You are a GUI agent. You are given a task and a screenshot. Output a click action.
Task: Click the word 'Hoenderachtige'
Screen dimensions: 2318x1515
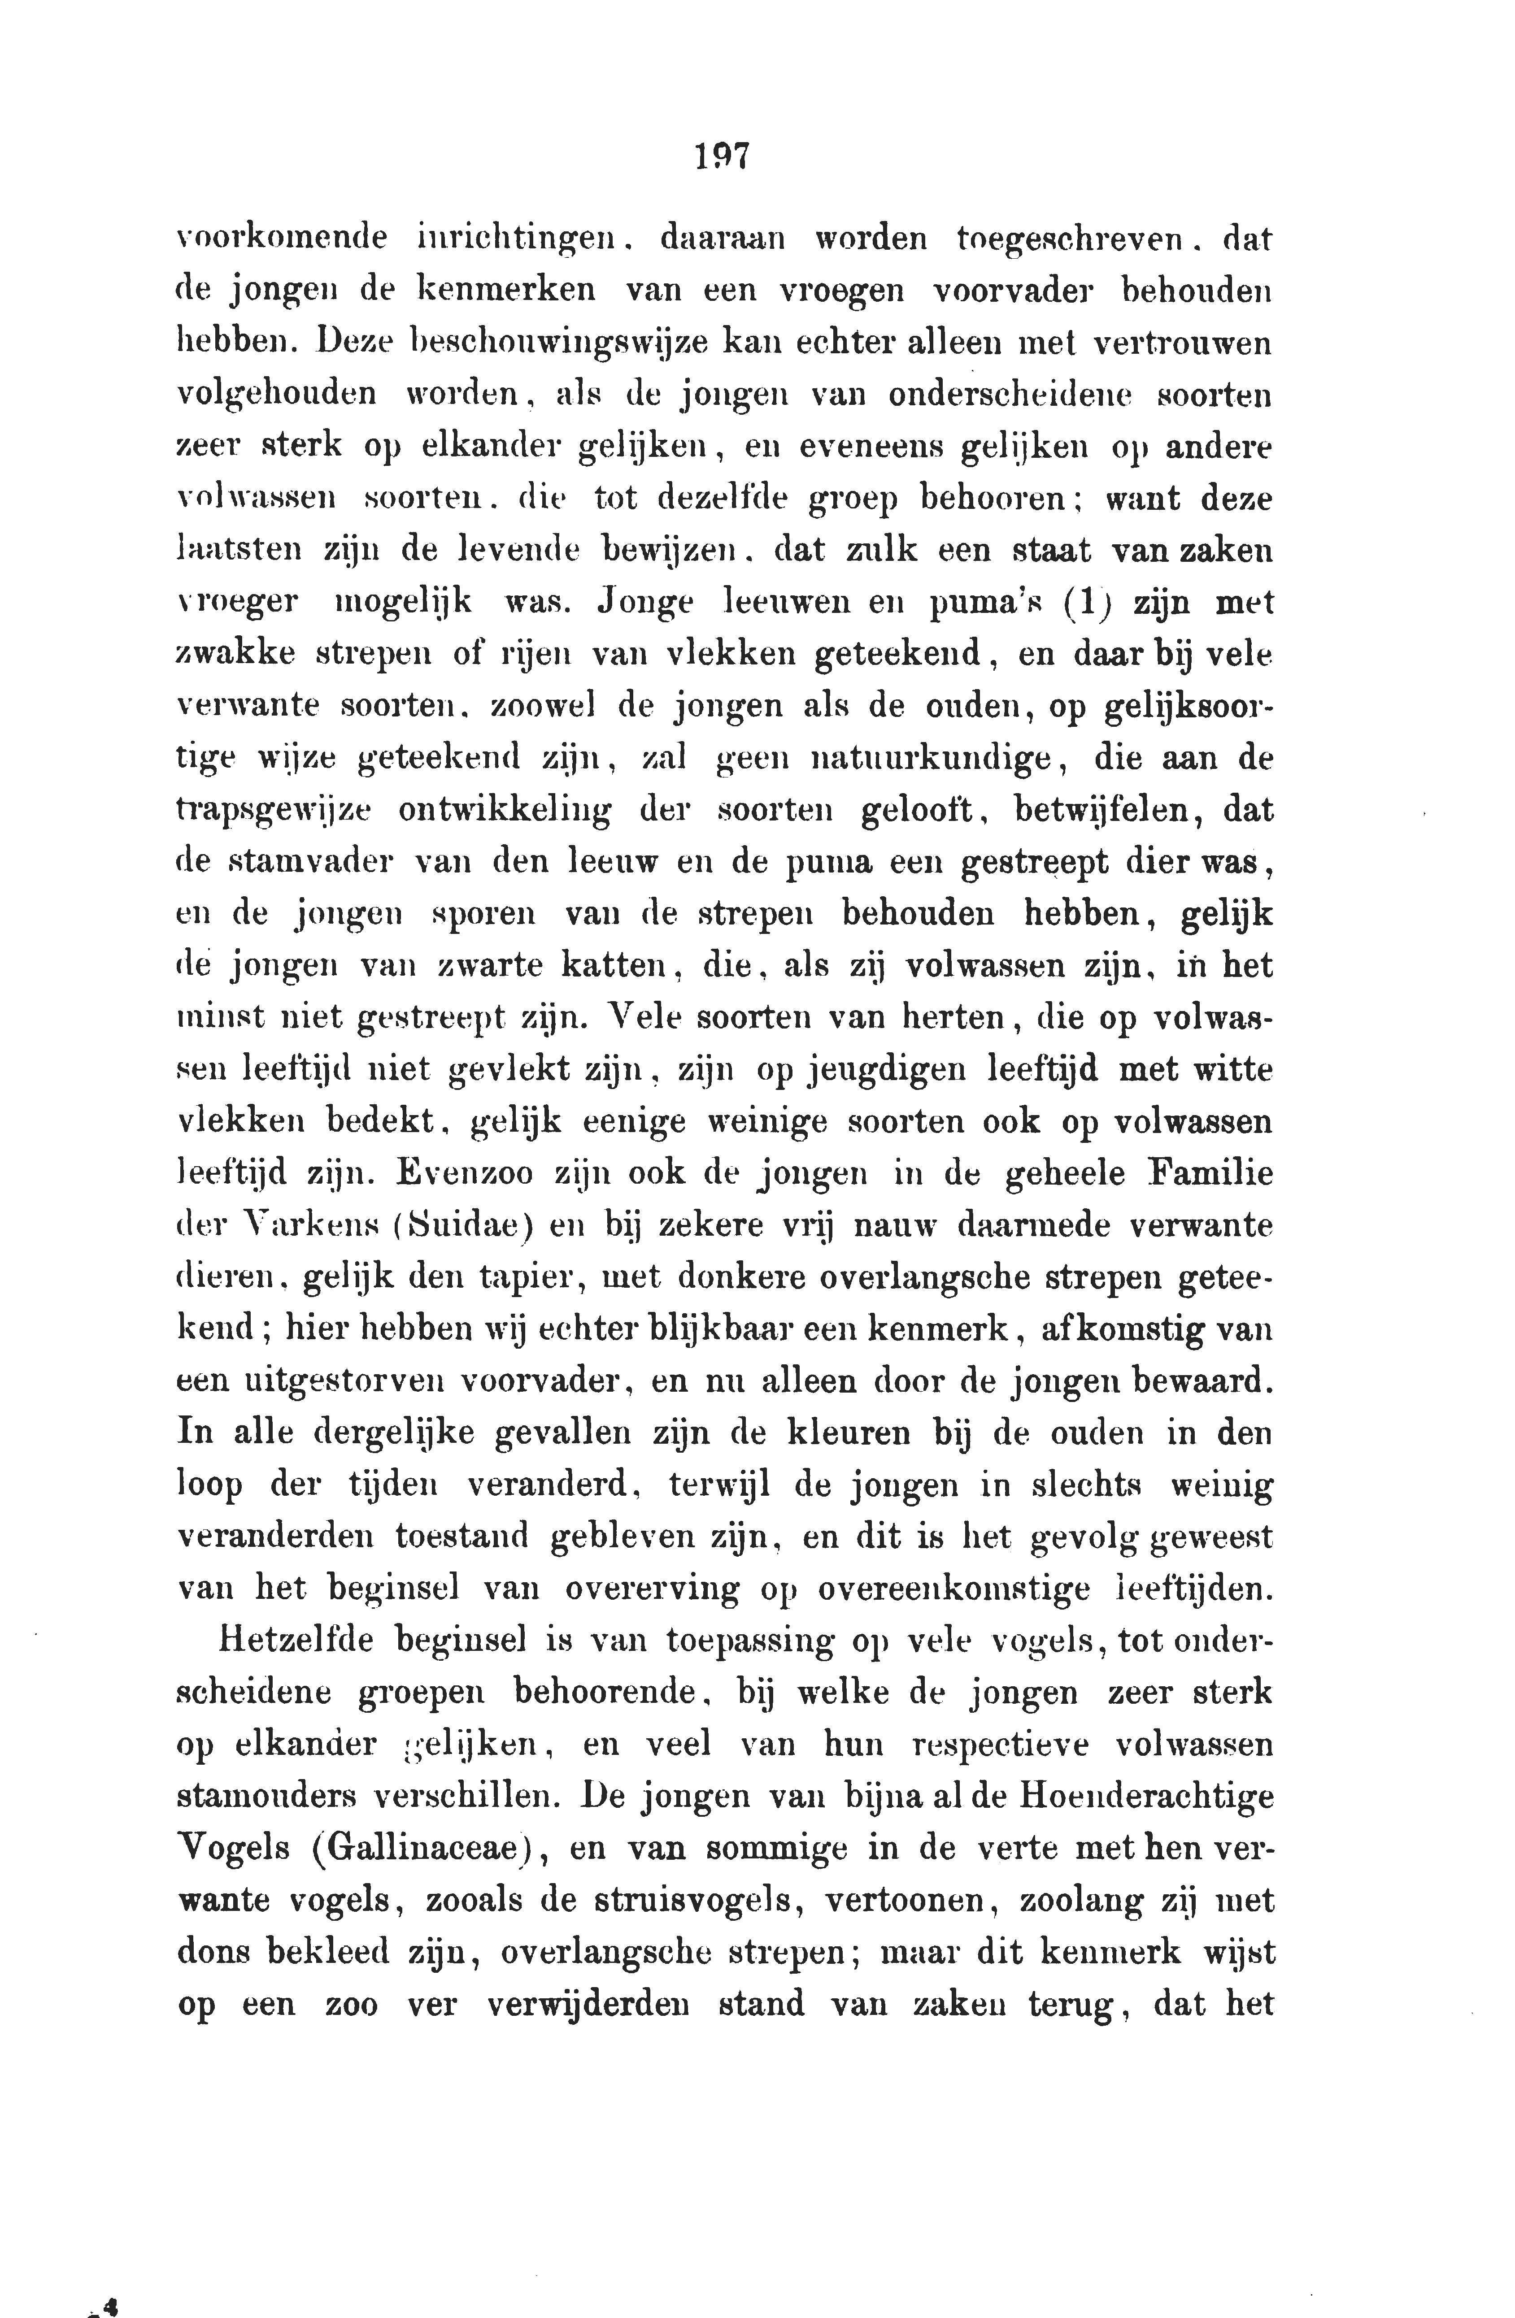coord(1146,1797)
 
